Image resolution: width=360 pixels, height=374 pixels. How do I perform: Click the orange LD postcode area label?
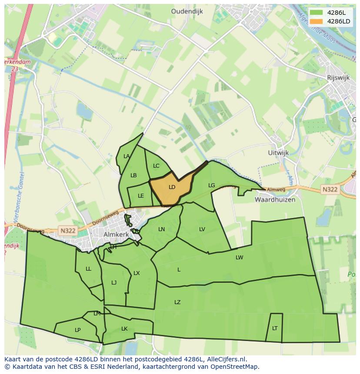tap(172, 187)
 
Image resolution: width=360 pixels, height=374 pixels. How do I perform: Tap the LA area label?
tap(127, 156)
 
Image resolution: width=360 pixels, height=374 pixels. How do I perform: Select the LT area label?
tap(275, 328)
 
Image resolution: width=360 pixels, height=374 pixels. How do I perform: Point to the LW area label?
tap(240, 258)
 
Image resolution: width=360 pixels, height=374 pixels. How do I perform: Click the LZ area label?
tap(177, 302)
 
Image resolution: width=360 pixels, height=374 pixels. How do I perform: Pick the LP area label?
tap(77, 330)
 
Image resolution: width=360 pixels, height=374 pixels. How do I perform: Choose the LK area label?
tap(124, 329)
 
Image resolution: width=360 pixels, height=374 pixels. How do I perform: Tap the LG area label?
tap(212, 185)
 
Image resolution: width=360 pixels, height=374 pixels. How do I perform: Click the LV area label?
tap(202, 229)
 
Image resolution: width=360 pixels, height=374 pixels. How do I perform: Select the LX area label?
tap(137, 273)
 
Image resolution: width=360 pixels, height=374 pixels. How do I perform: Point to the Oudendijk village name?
tap(187, 12)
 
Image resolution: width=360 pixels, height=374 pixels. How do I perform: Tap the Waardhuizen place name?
tap(275, 200)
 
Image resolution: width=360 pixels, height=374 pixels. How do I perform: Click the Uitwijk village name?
tap(279, 153)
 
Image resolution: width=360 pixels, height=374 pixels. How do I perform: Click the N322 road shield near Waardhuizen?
tap(330, 190)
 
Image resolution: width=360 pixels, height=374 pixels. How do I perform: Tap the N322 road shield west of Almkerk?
tap(68, 231)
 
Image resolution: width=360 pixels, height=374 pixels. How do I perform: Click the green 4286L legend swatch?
tap(316, 13)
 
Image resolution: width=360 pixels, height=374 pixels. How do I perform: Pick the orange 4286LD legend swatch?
tap(316, 21)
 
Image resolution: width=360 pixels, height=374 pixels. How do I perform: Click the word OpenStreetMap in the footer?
tap(237, 367)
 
